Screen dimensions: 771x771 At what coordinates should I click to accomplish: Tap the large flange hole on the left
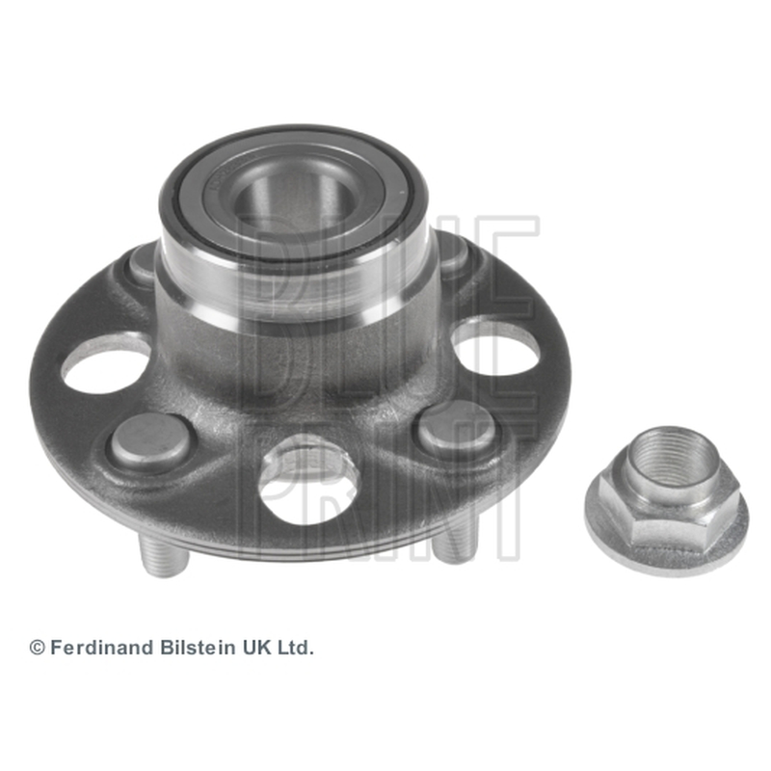click(x=103, y=363)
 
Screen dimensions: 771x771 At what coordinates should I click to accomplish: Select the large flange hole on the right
click(x=496, y=348)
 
